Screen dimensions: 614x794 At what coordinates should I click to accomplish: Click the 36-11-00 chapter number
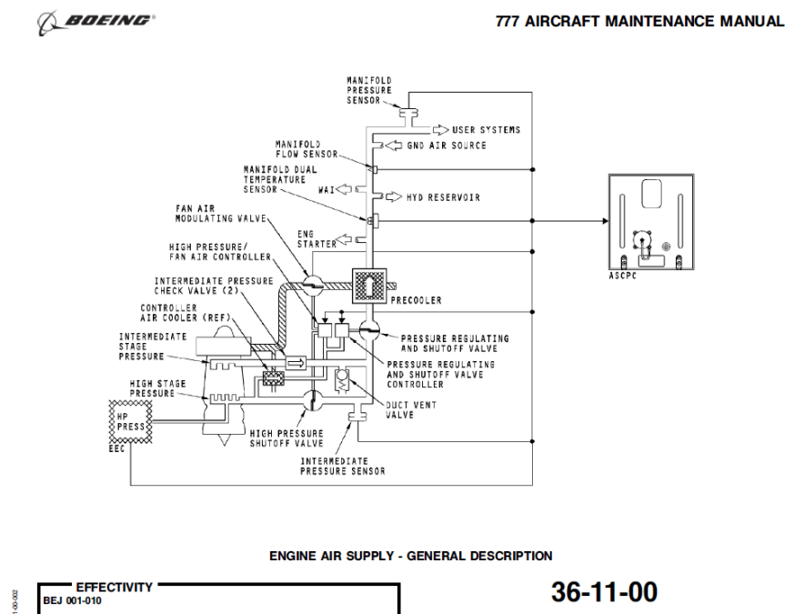(603, 592)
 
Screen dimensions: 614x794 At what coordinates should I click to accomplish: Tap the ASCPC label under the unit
(621, 276)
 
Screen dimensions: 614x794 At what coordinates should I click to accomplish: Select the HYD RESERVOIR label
(443, 196)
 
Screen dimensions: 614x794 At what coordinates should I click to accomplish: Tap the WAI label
(327, 190)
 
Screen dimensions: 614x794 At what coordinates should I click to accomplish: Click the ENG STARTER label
(310, 238)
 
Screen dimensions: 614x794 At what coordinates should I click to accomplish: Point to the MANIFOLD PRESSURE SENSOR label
(368, 91)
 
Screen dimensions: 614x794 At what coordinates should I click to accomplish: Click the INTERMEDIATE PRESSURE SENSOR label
(343, 466)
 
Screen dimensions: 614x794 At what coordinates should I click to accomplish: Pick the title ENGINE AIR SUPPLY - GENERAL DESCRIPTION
(410, 555)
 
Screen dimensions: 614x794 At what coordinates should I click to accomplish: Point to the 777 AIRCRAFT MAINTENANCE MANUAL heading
(639, 22)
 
